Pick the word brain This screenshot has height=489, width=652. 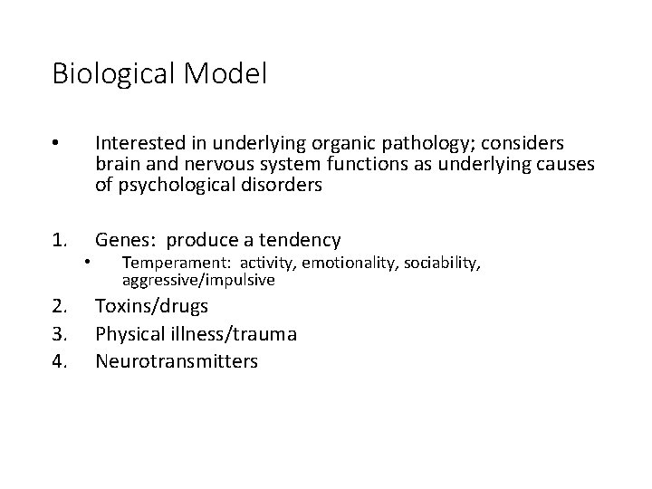(117, 164)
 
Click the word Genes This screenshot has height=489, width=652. (122, 240)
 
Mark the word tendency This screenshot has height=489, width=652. (298, 240)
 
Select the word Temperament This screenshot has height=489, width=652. (169, 263)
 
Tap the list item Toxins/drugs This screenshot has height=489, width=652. (151, 305)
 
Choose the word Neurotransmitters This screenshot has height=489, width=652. (177, 361)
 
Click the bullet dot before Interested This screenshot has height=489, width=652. (56, 143)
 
